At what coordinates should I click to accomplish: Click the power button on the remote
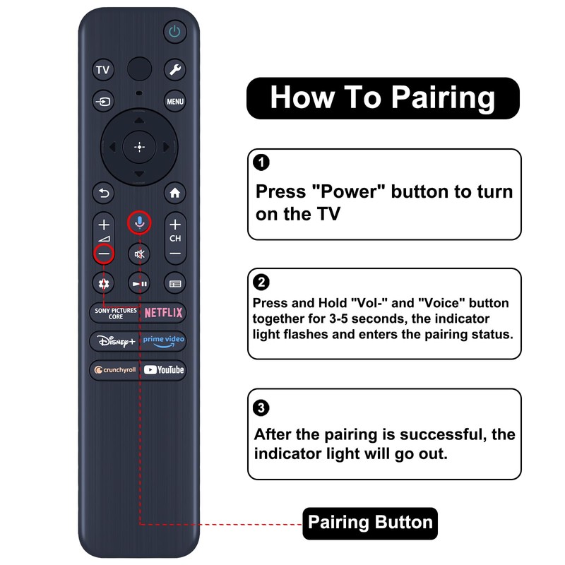[174, 31]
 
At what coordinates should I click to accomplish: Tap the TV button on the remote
[103, 70]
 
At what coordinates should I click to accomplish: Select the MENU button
[175, 102]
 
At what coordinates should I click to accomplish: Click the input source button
[103, 102]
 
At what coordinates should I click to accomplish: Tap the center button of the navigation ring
[139, 147]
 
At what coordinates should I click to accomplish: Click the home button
[175, 192]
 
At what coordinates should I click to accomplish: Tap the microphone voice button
[140, 223]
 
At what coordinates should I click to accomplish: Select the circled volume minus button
[104, 253]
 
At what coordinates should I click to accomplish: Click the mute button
[140, 254]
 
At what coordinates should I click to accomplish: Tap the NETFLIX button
[163, 312]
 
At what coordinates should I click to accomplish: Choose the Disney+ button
[114, 341]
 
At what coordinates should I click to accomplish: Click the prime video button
[163, 341]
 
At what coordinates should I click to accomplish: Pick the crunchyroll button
[114, 369]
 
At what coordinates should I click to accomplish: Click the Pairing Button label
[370, 523]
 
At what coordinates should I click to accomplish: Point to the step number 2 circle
[261, 282]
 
